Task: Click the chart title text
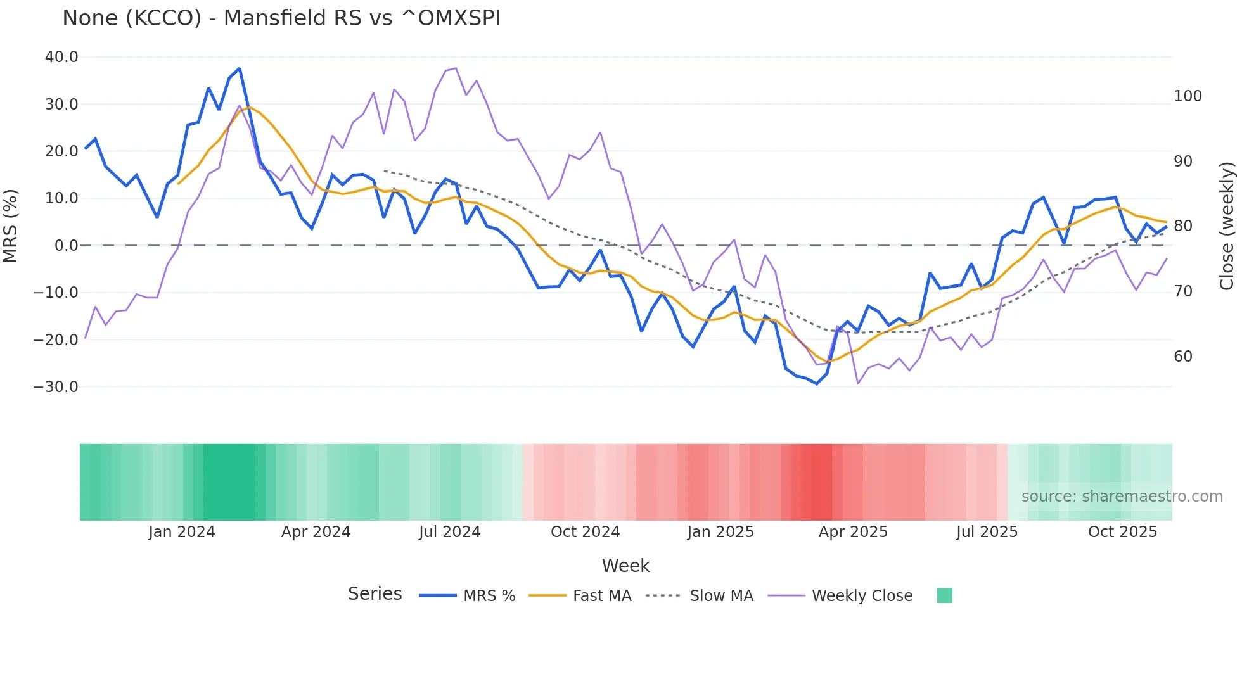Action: [x=281, y=18]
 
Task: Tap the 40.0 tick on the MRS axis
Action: [x=61, y=57]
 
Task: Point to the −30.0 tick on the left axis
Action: [x=56, y=386]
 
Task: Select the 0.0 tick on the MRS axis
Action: [x=66, y=245]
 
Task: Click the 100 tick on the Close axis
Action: [x=1188, y=96]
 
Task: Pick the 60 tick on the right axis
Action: [x=1183, y=357]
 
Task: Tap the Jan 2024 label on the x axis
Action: [x=182, y=532]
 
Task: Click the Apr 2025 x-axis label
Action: [x=853, y=532]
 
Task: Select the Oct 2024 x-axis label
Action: [x=585, y=532]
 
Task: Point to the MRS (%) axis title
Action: [x=11, y=226]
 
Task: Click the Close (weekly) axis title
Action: [x=1227, y=226]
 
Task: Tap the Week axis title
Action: [x=625, y=566]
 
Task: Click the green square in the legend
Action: [x=944, y=595]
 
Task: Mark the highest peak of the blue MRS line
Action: [x=240, y=68]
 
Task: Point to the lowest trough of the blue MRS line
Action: [x=817, y=384]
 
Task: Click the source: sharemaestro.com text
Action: [x=1122, y=497]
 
